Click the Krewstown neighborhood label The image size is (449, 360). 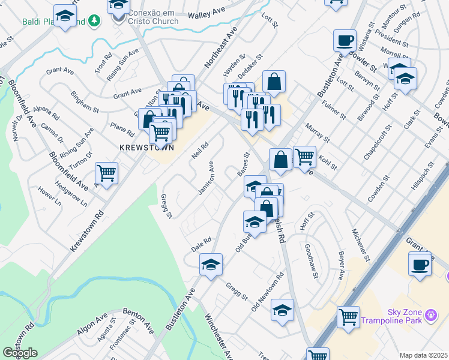coord(146,147)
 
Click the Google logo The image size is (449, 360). coord(20,353)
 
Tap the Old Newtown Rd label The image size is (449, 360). coord(268,293)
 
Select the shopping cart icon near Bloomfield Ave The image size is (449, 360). coord(106,173)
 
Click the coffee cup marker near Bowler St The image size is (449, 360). coord(345,40)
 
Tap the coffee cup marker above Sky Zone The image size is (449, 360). coord(420,263)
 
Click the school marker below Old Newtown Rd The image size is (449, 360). coord(282,310)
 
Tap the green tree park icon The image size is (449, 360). coord(93,22)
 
